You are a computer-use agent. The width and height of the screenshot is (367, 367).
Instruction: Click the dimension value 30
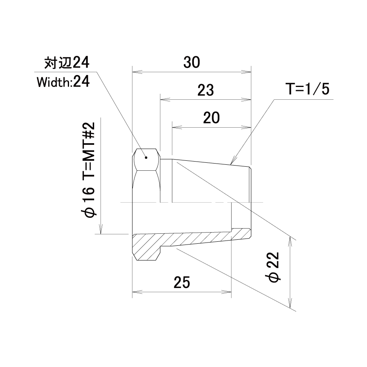point(192,63)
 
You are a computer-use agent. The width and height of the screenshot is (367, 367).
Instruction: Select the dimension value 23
point(205,90)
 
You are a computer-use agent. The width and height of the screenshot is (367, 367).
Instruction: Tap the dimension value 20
point(211,118)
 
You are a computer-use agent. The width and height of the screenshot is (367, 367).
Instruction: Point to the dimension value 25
point(182,282)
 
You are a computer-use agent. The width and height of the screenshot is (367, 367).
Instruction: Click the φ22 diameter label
point(273,267)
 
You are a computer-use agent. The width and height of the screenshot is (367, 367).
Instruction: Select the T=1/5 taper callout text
point(308,89)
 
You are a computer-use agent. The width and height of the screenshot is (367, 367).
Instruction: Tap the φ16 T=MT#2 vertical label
point(88,170)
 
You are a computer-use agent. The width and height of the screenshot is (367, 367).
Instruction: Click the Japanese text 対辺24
point(67,63)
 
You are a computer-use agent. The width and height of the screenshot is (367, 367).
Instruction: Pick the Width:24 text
point(63,82)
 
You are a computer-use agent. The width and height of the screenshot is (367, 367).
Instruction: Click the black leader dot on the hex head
point(146,158)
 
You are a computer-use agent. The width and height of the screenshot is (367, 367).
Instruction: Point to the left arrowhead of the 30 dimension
point(137,72)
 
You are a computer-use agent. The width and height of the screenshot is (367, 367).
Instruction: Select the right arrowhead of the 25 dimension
point(226,292)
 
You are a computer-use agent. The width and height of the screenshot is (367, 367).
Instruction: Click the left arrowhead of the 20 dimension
point(177,127)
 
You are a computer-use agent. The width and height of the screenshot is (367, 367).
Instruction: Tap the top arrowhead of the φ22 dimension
point(290,242)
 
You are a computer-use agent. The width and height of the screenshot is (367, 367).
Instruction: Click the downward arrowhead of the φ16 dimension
point(101,229)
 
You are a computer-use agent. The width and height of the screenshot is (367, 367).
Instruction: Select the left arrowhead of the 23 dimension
point(165,100)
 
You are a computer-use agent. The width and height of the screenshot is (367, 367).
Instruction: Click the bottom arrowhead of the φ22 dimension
point(290,303)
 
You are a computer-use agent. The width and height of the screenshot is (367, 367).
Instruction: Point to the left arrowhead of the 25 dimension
point(137,292)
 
